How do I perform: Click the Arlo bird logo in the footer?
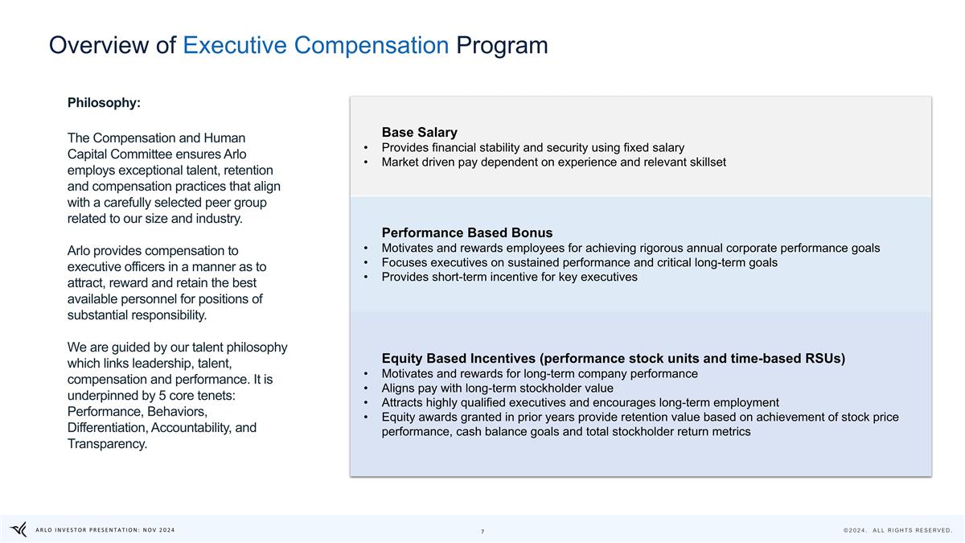(18, 529)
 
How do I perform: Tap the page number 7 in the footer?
(482, 531)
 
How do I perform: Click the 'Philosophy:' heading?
(104, 103)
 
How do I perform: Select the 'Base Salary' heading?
(419, 132)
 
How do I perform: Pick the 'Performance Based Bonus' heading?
(466, 232)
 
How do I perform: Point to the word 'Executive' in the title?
(235, 45)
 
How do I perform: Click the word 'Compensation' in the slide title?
(372, 45)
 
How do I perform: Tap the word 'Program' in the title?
(502, 45)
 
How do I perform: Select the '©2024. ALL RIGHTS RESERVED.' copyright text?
(897, 530)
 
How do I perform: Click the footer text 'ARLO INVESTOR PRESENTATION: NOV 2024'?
(105, 529)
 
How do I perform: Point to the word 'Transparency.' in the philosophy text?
(108, 444)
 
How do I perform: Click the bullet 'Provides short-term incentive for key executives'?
(509, 277)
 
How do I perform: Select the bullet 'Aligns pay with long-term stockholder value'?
(497, 388)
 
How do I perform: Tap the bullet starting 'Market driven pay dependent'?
(553, 162)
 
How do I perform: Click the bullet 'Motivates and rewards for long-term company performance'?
(540, 373)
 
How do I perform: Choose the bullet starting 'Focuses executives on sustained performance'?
(579, 262)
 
